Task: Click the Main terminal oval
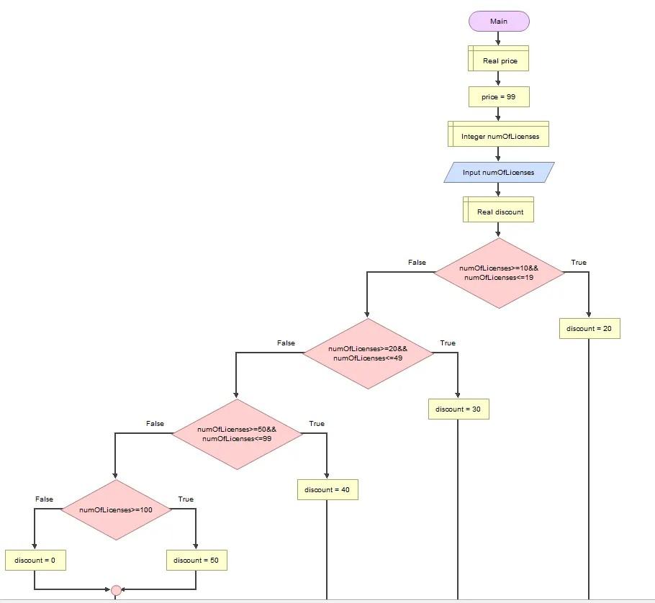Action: coord(499,22)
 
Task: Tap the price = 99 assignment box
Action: coord(498,96)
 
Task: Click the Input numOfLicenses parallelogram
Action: coord(499,173)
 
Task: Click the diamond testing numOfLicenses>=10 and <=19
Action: coord(499,273)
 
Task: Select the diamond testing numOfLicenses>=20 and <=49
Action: coord(368,353)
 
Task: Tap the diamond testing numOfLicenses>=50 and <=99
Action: coord(237,434)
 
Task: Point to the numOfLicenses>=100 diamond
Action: coord(116,509)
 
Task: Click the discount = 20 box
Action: coord(589,329)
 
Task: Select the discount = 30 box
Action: coord(458,409)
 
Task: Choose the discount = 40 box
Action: coord(327,490)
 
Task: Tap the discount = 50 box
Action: coord(196,560)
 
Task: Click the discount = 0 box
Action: coord(35,560)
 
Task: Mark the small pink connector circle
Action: coord(116,591)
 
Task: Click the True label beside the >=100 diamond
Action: coord(186,499)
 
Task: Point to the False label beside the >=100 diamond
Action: coord(44,499)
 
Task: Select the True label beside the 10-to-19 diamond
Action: coord(579,263)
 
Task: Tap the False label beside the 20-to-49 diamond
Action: coord(286,343)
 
